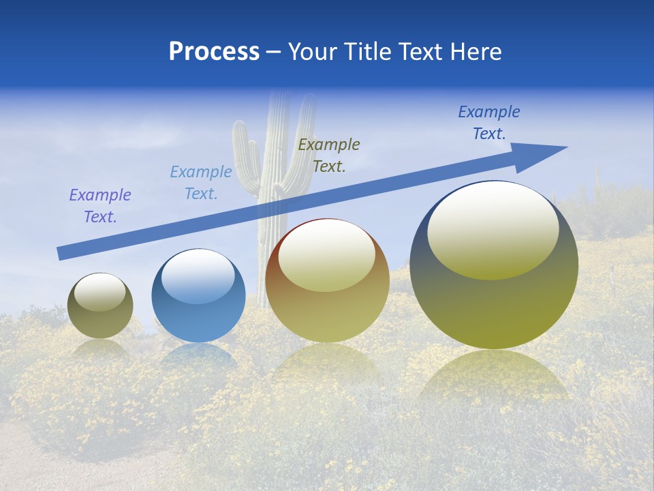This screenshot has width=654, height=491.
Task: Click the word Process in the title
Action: pyautogui.click(x=214, y=52)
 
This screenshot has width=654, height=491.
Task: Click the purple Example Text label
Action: pyautogui.click(x=100, y=206)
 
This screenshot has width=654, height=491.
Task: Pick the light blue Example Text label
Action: pyautogui.click(x=201, y=183)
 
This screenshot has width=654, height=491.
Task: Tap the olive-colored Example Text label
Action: pyautogui.click(x=329, y=155)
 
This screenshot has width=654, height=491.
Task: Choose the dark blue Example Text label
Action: pyautogui.click(x=488, y=123)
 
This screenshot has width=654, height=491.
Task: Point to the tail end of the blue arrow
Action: pyautogui.click(x=63, y=253)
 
